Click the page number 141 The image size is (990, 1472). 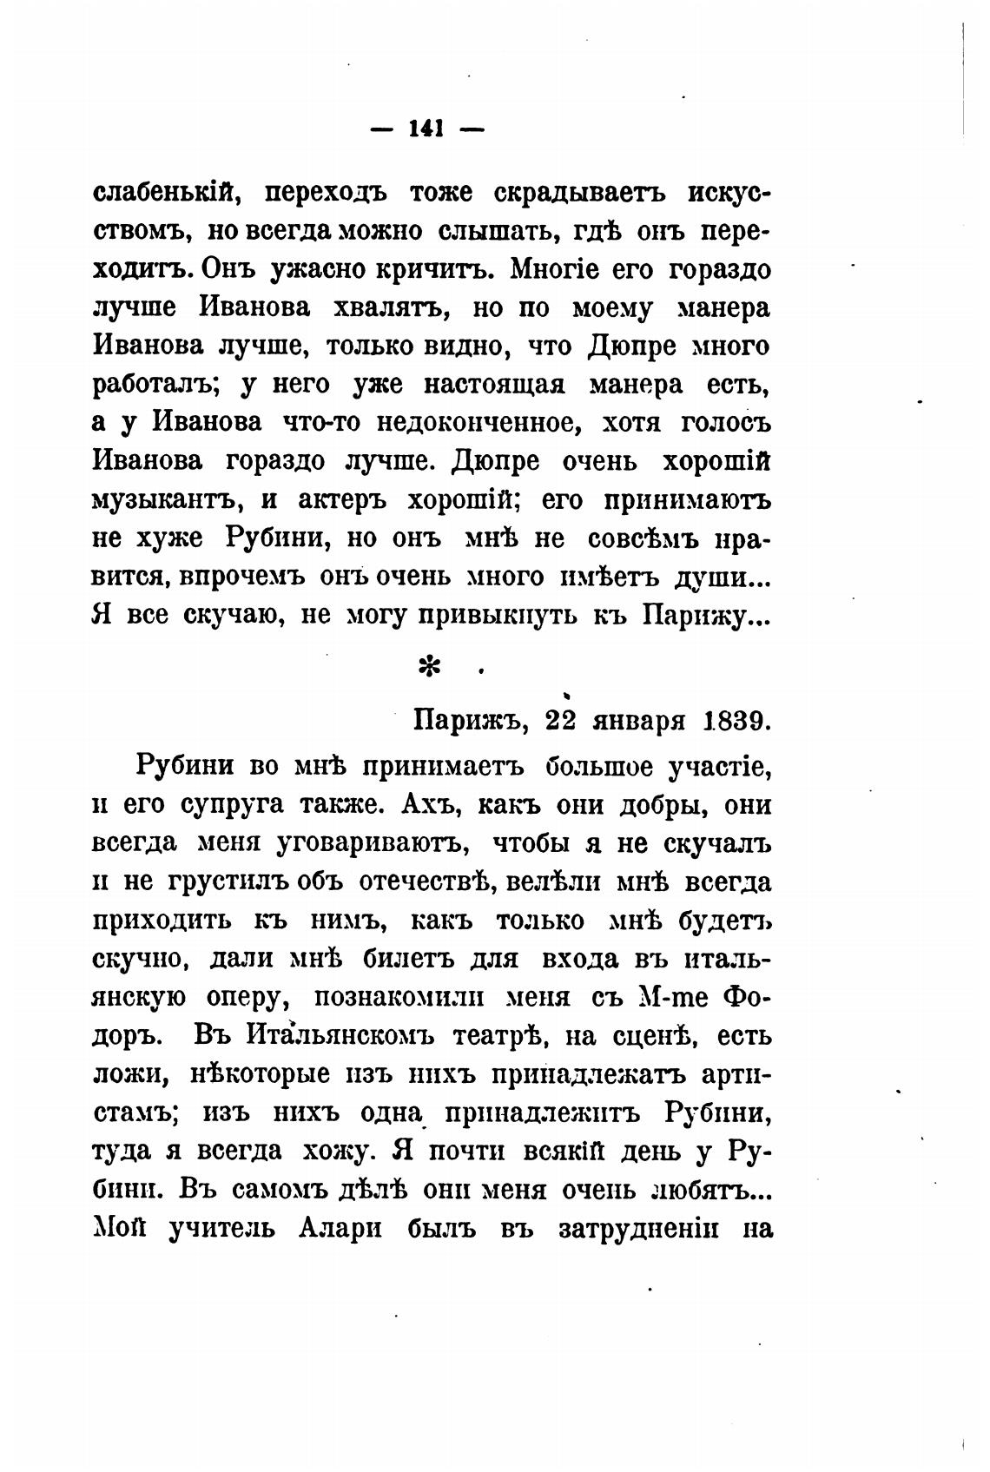point(426,129)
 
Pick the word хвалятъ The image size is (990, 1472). point(390,308)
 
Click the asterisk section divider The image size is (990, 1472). point(429,667)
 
